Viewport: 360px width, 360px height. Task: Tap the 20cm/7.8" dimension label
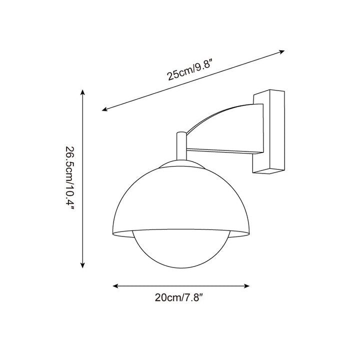[x=181, y=298]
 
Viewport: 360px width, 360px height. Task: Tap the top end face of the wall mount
[x=270, y=93]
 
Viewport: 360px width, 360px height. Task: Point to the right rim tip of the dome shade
[x=248, y=232]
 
